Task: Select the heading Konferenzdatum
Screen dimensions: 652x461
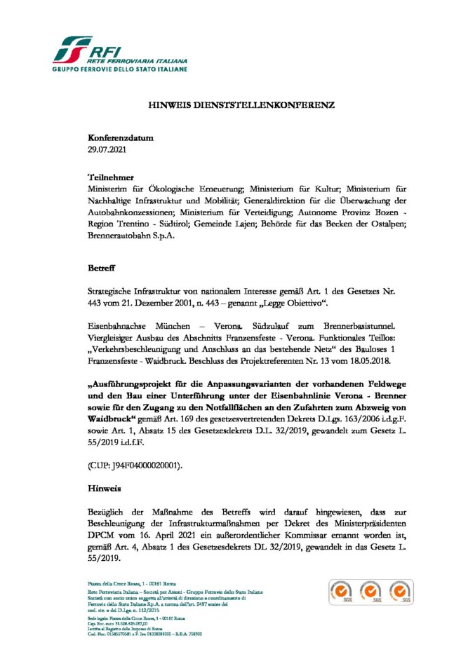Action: point(120,138)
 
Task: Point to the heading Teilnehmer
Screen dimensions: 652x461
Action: point(111,178)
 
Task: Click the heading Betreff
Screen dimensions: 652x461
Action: point(102,269)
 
